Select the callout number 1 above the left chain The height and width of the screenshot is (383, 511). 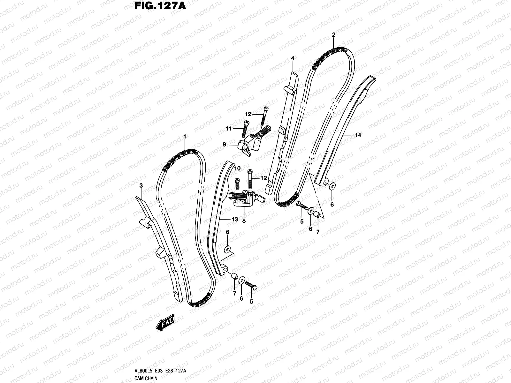point(185,137)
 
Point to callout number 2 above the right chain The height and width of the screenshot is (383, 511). point(333,34)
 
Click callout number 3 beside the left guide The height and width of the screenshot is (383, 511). point(141,185)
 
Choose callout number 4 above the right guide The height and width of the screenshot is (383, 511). point(292,58)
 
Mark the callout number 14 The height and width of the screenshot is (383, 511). point(358,135)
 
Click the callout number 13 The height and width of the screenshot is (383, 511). point(235,219)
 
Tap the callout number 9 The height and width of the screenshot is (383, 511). point(225,145)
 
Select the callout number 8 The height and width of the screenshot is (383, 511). point(244,220)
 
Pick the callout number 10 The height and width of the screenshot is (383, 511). point(237,168)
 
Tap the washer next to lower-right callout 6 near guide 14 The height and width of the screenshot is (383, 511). point(332,185)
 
